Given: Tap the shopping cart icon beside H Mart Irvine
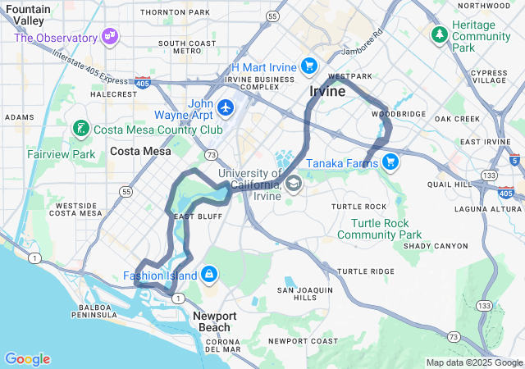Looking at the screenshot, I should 308,66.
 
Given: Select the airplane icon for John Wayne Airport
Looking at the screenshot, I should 226,107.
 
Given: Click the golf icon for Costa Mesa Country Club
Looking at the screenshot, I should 80,129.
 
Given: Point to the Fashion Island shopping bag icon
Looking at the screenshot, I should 209,274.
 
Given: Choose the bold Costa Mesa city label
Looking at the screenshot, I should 140,151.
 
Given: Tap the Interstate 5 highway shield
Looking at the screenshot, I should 514,161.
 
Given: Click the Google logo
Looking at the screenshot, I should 27,359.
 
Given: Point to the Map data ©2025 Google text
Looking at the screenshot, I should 473,362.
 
